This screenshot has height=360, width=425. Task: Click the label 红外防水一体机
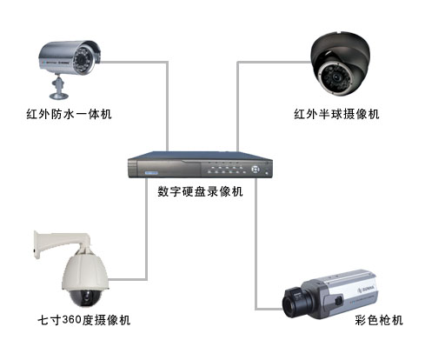(69, 114)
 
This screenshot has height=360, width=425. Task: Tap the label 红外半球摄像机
(336, 114)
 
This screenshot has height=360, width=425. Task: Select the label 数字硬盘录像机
(200, 191)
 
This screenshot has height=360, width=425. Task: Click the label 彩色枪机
(380, 321)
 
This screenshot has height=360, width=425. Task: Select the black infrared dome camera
(342, 63)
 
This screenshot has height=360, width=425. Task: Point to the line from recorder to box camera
(257, 261)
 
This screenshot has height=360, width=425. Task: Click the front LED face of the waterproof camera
(93, 61)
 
